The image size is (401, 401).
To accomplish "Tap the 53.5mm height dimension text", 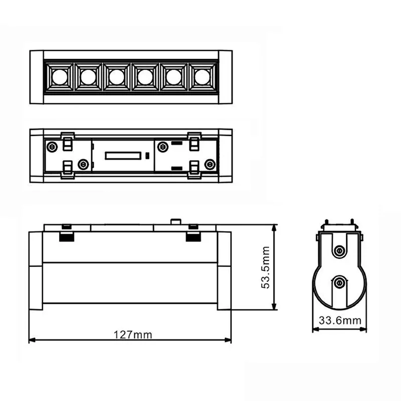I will (x=266, y=267).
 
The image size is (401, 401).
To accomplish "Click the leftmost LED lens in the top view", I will (x=59, y=77).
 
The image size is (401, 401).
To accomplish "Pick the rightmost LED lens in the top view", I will (x=202, y=77).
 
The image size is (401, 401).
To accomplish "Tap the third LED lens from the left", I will (x=116, y=77).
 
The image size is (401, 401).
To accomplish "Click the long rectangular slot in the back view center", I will (x=122, y=156).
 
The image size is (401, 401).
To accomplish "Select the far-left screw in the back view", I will (x=51, y=146).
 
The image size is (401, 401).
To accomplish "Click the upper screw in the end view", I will (x=340, y=250).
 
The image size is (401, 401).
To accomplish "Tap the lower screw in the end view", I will (x=340, y=283).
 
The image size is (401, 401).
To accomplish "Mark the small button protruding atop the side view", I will (x=175, y=221).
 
